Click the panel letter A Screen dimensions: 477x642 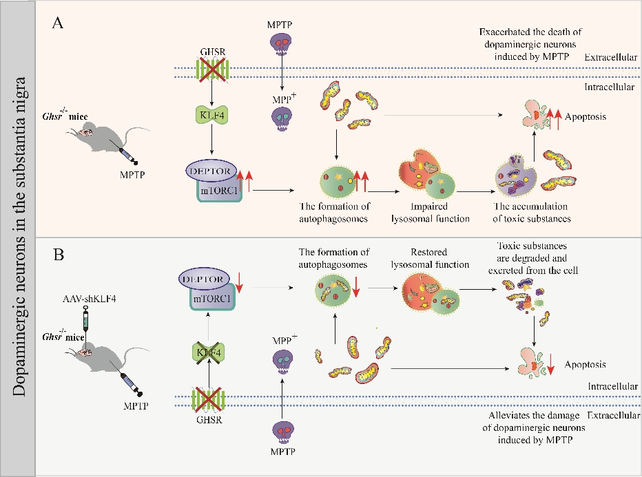tap(59, 23)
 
